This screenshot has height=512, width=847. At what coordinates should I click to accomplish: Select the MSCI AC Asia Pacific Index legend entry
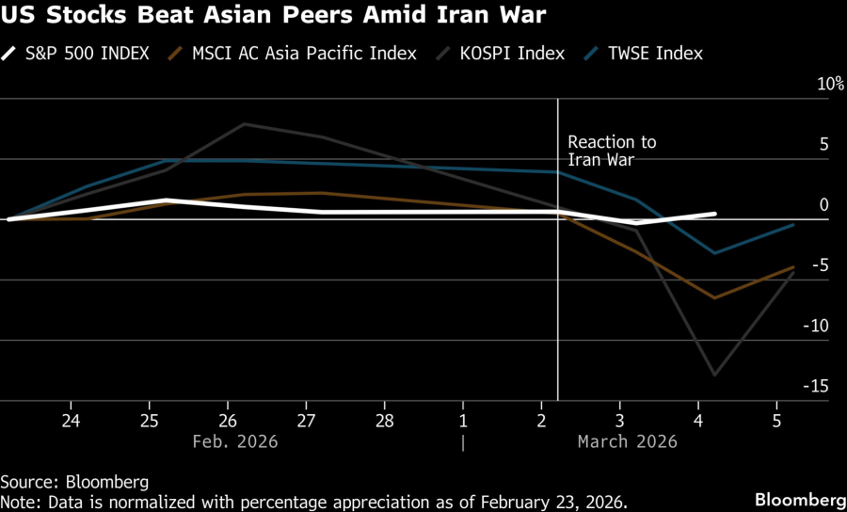pyautogui.click(x=295, y=53)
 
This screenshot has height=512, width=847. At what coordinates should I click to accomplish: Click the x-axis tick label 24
pyautogui.click(x=71, y=419)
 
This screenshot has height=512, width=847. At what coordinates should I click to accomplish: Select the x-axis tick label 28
pyautogui.click(x=384, y=419)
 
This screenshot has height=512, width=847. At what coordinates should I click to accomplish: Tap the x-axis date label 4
pyautogui.click(x=698, y=419)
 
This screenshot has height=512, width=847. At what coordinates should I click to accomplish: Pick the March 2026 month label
pyautogui.click(x=627, y=441)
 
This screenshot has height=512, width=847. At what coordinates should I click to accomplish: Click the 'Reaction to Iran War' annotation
pyautogui.click(x=612, y=151)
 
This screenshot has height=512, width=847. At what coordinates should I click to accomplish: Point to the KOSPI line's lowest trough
pyautogui.click(x=715, y=376)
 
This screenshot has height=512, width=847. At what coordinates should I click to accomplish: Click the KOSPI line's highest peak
pyautogui.click(x=245, y=123)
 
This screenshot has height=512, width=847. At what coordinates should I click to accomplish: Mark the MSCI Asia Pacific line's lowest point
pyautogui.click(x=715, y=298)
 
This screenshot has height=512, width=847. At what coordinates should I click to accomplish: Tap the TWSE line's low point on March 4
pyautogui.click(x=715, y=253)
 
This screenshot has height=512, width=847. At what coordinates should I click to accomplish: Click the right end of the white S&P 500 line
pyautogui.click(x=714, y=214)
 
